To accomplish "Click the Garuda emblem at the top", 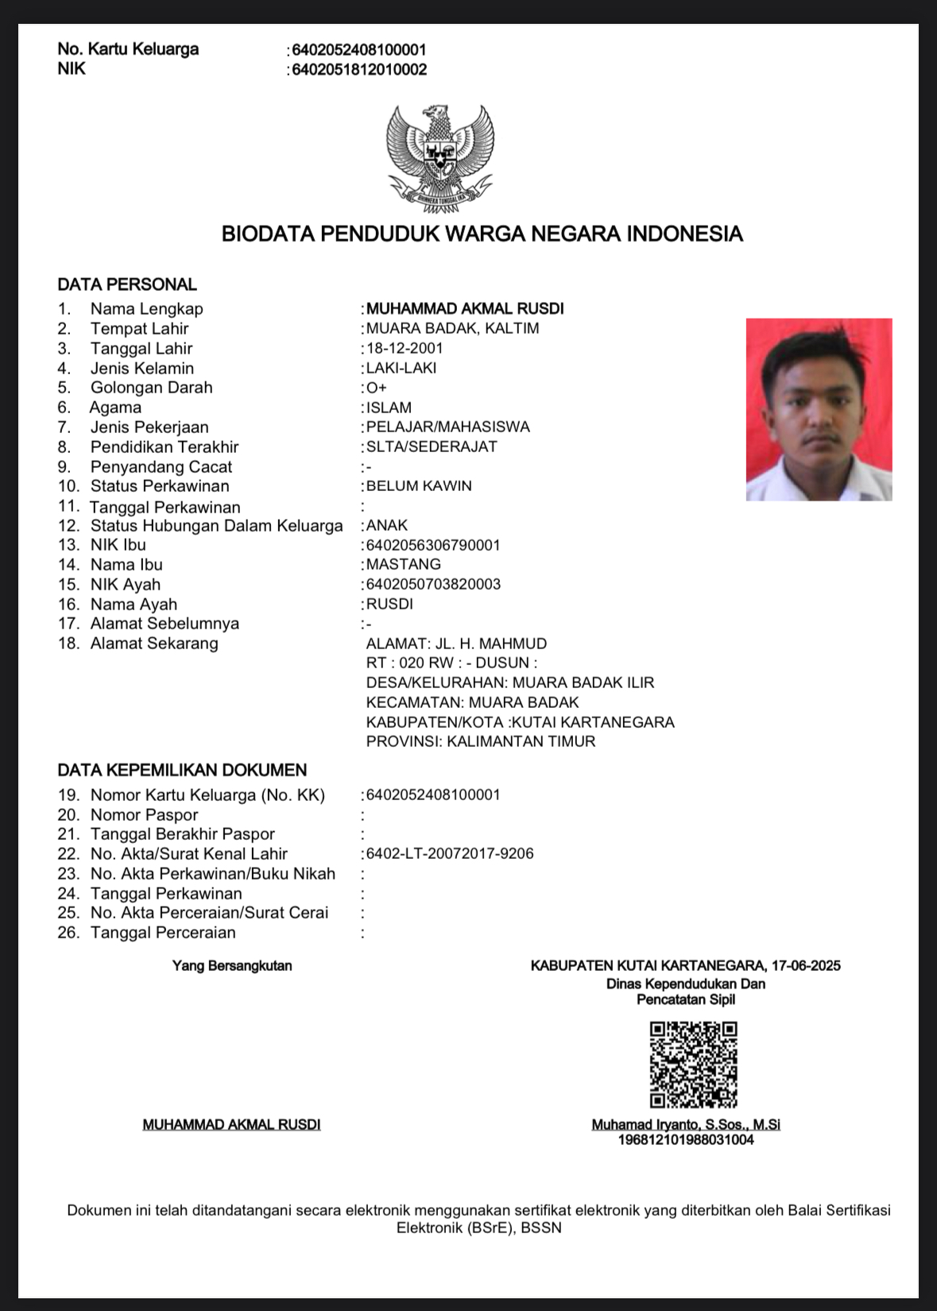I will click(439, 157).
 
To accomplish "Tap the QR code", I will click(693, 1065).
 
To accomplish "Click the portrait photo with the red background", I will click(819, 409).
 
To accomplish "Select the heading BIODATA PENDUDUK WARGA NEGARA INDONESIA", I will click(482, 234).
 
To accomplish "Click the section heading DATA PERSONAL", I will click(127, 284).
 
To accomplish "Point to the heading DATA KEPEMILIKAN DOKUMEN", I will click(182, 770).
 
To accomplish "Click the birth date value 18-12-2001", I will click(405, 348).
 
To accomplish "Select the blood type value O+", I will click(377, 388).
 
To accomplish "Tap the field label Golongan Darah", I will click(151, 388).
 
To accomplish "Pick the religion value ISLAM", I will click(389, 408).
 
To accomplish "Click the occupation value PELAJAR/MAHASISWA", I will click(447, 427).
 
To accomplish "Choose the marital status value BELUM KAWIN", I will click(419, 485).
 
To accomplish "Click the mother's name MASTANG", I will click(403, 564).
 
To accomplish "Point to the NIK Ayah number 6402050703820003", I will click(433, 584).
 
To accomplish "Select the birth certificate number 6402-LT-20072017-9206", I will click(450, 853).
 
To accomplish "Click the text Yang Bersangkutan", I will click(232, 965).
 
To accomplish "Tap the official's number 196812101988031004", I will click(686, 1139).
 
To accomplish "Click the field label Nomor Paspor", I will click(144, 814).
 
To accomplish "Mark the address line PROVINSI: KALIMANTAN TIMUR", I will click(481, 741).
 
